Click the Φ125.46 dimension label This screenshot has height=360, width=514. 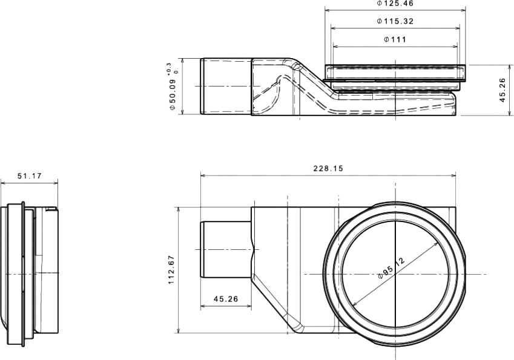pos(395,3)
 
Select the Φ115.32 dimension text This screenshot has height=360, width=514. pos(395,22)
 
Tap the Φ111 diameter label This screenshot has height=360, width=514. pos(395,40)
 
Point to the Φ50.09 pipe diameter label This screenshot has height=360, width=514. pos(173,94)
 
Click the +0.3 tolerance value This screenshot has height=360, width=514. pos(168,68)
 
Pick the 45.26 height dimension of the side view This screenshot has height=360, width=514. pos(503,90)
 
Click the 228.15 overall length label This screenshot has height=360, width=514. pos(328,168)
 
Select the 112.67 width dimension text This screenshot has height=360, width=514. pos(171,270)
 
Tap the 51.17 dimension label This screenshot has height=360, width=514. pos(30,176)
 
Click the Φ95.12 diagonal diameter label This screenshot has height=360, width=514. pos(391,268)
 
